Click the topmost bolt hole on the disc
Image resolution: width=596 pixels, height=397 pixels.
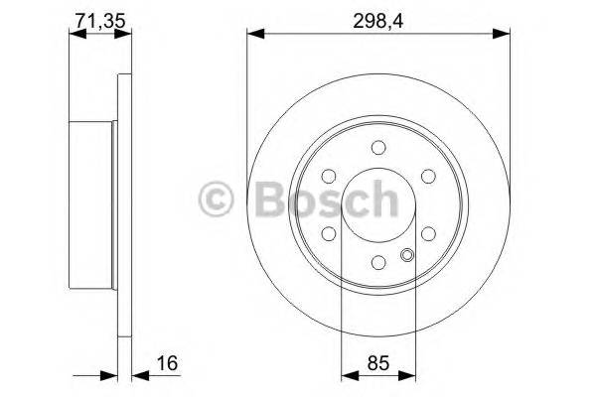(377, 149)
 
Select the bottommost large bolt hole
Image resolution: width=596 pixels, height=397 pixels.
(377, 262)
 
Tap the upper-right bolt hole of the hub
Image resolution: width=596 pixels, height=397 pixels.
(427, 177)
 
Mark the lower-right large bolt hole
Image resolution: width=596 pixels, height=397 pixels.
(427, 234)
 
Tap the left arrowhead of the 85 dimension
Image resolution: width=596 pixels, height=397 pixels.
(347, 375)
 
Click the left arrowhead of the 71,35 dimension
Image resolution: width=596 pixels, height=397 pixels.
(74, 35)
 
